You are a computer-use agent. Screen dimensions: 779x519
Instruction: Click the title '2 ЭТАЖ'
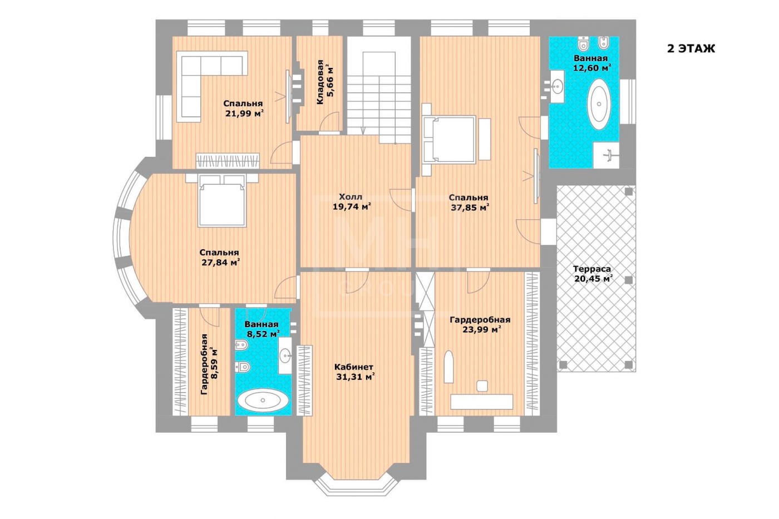(x=691, y=48)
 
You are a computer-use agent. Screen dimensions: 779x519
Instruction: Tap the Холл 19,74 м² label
(x=351, y=202)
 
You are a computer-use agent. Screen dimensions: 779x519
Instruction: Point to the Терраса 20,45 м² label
(x=593, y=274)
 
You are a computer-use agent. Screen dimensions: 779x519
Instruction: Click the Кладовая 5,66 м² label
(x=325, y=82)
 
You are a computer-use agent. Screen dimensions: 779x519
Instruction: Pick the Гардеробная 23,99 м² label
(x=480, y=325)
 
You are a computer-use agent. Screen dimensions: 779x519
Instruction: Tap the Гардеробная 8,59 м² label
(x=209, y=364)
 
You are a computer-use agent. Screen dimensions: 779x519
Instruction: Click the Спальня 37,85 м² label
(x=469, y=202)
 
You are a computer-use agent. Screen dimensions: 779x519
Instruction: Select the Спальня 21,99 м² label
(x=244, y=108)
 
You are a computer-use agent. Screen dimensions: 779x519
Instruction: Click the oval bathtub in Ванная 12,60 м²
(x=599, y=104)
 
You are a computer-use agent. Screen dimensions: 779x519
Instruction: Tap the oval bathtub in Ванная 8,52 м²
(x=263, y=401)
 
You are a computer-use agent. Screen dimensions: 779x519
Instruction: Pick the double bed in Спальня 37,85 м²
(x=448, y=140)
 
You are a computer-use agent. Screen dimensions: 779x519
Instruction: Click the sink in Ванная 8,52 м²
(x=285, y=355)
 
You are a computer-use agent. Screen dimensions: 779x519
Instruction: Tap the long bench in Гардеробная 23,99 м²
(x=482, y=402)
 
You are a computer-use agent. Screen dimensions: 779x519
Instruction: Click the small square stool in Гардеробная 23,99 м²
(x=482, y=386)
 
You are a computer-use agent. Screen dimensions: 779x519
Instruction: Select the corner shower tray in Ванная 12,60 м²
(x=606, y=155)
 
